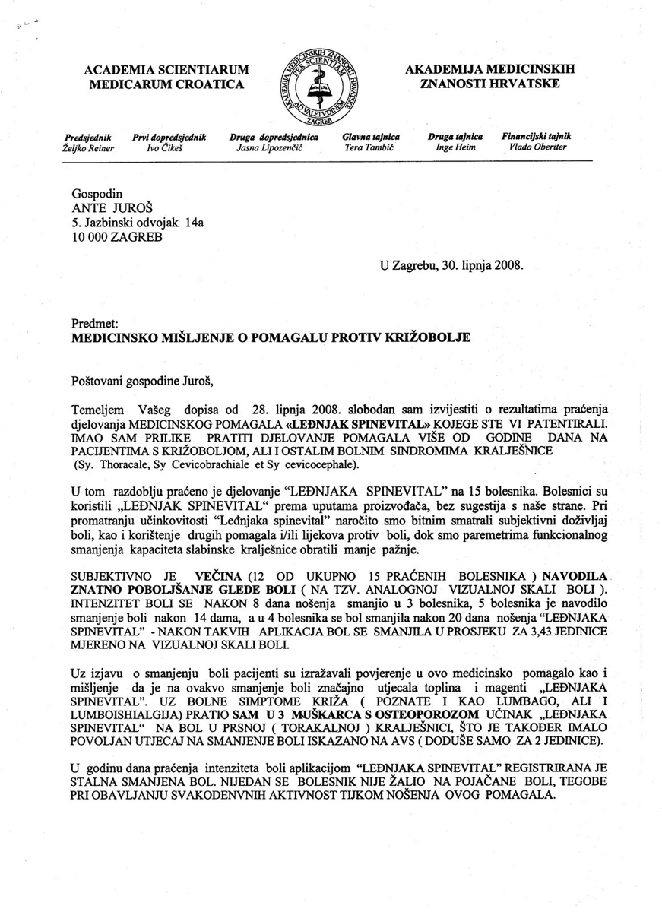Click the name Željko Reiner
(88, 148)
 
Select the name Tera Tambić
(370, 148)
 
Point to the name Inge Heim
(455, 148)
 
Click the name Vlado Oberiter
(537, 148)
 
